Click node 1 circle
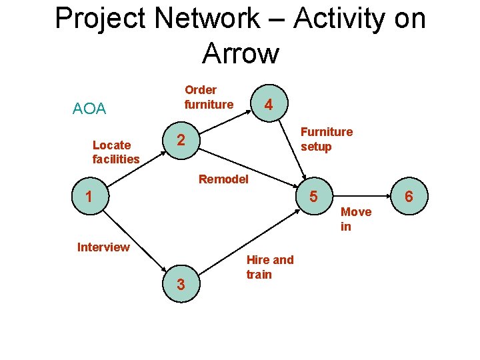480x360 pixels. [89, 197]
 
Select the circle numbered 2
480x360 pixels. [179, 140]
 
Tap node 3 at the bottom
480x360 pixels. [181, 285]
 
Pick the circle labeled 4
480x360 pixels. [268, 105]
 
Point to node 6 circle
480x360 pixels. [409, 197]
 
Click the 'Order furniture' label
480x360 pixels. [209, 97]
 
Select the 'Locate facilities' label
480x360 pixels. [116, 152]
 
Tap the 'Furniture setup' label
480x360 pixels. [327, 139]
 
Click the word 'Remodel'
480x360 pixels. [223, 179]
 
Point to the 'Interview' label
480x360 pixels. [103, 247]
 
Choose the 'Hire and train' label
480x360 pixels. [269, 267]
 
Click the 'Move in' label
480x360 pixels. [355, 219]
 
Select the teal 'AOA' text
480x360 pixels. [89, 109]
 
